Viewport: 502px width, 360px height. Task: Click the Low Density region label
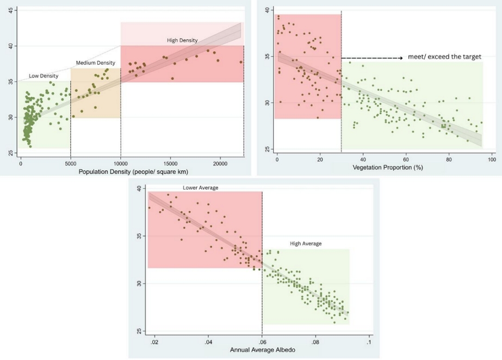44,76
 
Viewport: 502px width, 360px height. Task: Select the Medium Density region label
95,63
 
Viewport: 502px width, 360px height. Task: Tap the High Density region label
182,40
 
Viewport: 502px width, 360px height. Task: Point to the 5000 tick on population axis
71,163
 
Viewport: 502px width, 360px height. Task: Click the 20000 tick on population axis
220,163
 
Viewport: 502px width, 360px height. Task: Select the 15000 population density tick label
171,163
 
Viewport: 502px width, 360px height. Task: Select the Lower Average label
200,188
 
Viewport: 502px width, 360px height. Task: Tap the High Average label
306,244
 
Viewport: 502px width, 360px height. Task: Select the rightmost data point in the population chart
241,62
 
